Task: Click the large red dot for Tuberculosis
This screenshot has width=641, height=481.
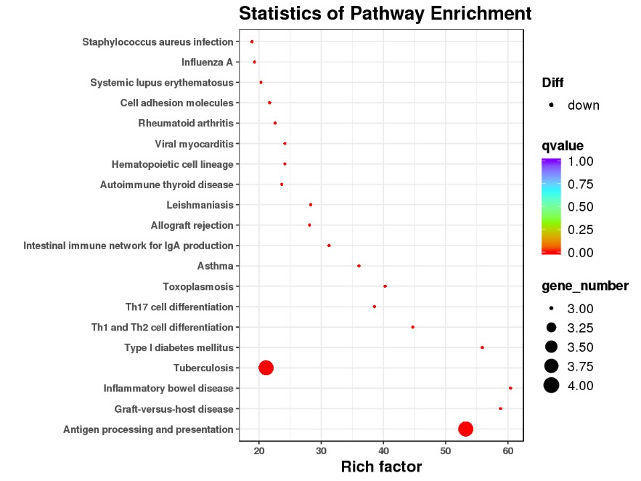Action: pyautogui.click(x=266, y=368)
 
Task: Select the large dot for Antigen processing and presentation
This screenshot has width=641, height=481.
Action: pyautogui.click(x=465, y=429)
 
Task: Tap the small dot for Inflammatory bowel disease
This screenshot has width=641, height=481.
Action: pyautogui.click(x=510, y=388)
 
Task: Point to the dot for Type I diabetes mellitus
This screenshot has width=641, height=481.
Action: pyautogui.click(x=482, y=347)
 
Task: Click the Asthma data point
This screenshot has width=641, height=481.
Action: pyautogui.click(x=359, y=266)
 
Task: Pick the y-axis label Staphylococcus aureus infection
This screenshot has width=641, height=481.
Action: pyautogui.click(x=158, y=42)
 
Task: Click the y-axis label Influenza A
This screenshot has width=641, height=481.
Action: pyautogui.click(x=207, y=62)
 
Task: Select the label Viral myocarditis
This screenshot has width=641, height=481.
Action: pyautogui.click(x=194, y=144)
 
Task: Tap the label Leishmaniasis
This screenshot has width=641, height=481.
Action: pyautogui.click(x=200, y=205)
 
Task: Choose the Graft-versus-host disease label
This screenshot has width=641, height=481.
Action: pyautogui.click(x=173, y=409)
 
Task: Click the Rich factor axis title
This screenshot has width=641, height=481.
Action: pyautogui.click(x=381, y=467)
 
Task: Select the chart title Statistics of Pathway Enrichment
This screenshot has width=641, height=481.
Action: pyautogui.click(x=385, y=13)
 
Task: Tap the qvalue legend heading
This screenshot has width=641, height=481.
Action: pyautogui.click(x=563, y=145)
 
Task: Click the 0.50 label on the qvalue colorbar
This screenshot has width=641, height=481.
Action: pyautogui.click(x=581, y=206)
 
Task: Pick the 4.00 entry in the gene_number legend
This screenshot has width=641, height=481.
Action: pyautogui.click(x=581, y=386)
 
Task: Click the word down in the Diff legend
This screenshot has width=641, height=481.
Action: pyautogui.click(x=584, y=105)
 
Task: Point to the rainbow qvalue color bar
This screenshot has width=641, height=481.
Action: pyautogui.click(x=551, y=206)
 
